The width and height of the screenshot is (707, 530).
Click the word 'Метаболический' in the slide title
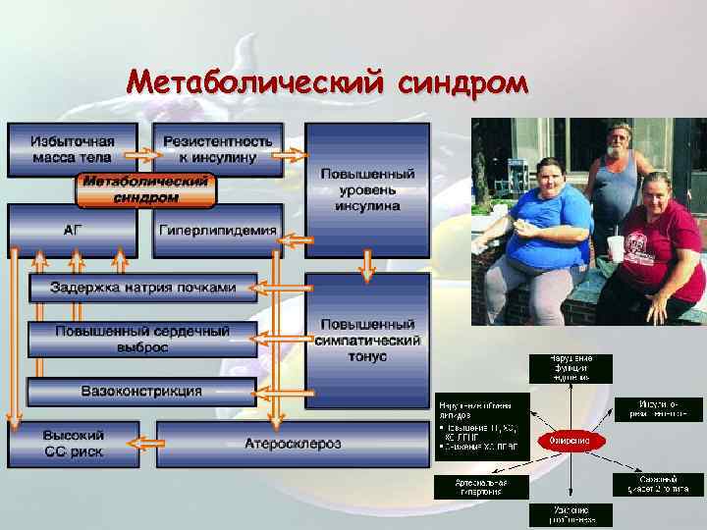coord(256,85)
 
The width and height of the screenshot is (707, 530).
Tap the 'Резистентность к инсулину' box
coord(217,149)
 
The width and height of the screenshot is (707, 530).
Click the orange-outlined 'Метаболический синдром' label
coord(145,190)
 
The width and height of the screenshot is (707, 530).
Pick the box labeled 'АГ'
coord(73,230)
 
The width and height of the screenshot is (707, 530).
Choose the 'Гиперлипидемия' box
coord(217,230)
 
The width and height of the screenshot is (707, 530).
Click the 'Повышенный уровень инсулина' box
coord(367,186)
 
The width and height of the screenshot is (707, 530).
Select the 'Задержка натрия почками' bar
coord(137,288)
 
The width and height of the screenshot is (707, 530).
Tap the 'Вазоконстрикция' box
coord(137,392)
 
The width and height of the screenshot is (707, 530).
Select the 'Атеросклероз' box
coord(293,445)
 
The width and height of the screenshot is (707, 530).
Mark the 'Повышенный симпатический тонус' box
coord(367,340)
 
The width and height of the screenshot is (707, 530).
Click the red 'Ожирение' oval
coord(571,441)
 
